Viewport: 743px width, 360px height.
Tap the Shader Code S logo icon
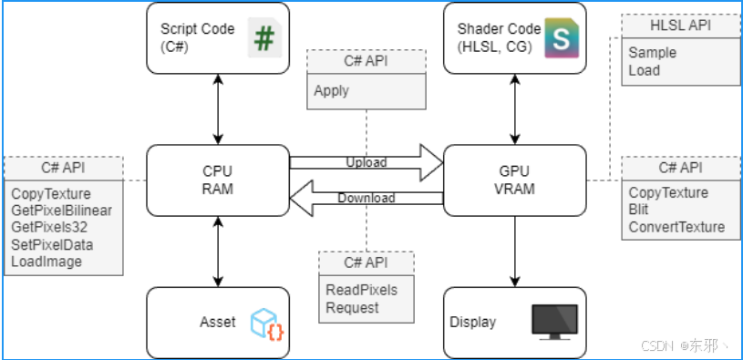coord(562,38)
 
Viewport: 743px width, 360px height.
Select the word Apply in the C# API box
coord(332,91)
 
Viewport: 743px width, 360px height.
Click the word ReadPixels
coord(361,291)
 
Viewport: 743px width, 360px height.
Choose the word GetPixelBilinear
coord(61,211)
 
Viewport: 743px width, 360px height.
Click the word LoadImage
coord(46,262)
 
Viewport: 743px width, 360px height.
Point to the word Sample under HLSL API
coord(652,53)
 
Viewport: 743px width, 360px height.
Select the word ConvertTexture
coord(676,227)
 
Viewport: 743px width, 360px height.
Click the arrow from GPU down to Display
coord(515,251)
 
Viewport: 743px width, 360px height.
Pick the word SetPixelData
coord(52,244)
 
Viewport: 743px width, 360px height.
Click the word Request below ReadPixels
coord(352,308)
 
